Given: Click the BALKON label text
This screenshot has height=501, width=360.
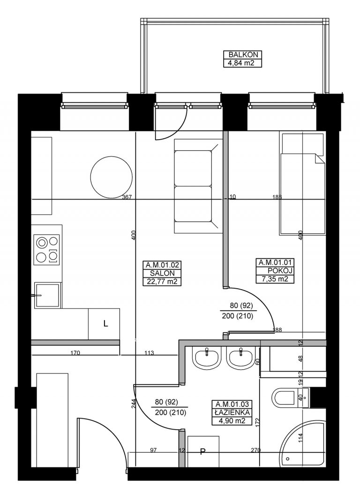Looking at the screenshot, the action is [x=243, y=55].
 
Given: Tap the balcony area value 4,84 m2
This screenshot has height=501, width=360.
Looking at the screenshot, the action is [x=243, y=63].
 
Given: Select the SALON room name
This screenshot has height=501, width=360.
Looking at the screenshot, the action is [x=162, y=273].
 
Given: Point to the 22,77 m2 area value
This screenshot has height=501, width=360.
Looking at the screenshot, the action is [x=162, y=282].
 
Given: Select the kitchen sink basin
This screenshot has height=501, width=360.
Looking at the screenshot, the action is [x=47, y=296].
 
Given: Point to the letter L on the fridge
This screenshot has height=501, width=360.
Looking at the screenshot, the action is [x=106, y=324].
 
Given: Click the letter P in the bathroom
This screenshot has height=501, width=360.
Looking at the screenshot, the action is [x=202, y=452].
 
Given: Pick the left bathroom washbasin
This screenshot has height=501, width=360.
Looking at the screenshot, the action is [x=207, y=358].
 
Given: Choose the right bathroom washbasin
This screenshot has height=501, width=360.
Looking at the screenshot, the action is [x=240, y=358].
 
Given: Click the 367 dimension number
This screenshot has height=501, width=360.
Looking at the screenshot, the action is [x=127, y=197].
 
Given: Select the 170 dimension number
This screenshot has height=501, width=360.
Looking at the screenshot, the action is [x=75, y=353].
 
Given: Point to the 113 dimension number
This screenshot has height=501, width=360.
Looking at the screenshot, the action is [x=150, y=353].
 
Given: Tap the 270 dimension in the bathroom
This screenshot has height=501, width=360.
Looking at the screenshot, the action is [x=256, y=450].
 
